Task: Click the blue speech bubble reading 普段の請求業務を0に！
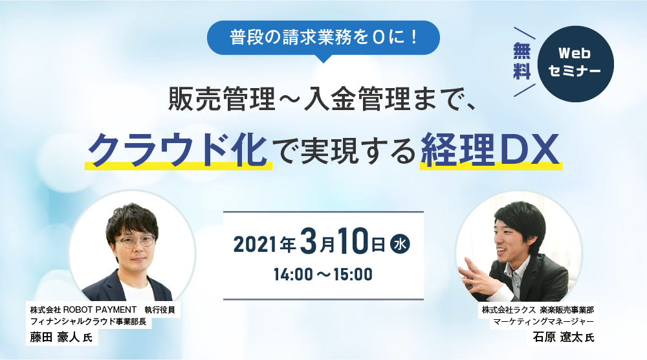click(x=323, y=38)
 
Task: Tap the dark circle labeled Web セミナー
click(x=575, y=64)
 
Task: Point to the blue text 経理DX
click(x=490, y=150)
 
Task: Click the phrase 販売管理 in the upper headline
click(x=222, y=100)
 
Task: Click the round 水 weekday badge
click(x=400, y=243)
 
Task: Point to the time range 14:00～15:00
click(x=323, y=274)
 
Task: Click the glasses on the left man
click(x=135, y=241)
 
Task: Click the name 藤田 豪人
click(x=54, y=338)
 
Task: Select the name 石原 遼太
click(x=557, y=337)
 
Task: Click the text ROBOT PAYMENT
click(x=100, y=309)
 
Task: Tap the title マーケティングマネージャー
click(x=543, y=321)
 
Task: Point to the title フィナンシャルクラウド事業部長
click(x=88, y=322)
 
